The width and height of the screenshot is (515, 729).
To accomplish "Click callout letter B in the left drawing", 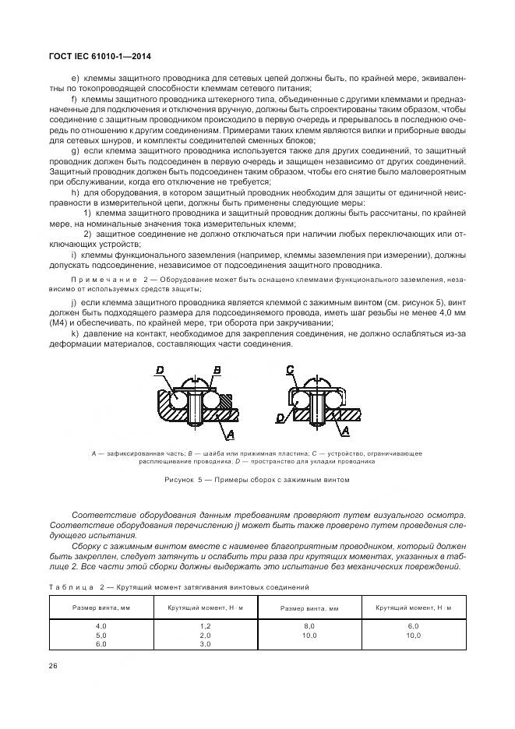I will tap(217, 370).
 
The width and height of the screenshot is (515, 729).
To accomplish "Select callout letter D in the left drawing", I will tap(160, 370).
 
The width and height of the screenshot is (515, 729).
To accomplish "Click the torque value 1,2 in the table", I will tap(205, 625).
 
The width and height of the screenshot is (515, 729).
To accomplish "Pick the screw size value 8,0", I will tap(309, 625).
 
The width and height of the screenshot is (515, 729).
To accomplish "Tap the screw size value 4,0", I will tap(101, 625).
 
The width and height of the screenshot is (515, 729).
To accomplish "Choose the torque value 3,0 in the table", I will tap(205, 645).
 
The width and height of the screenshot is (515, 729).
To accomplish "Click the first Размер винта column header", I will tap(101, 607).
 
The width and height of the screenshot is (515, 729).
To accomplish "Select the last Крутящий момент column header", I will tap(413, 607).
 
